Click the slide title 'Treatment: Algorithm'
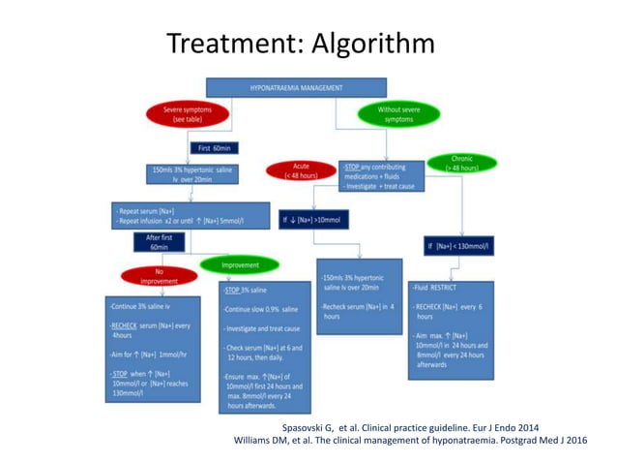[300, 44]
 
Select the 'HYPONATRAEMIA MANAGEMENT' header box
[295, 88]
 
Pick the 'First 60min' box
[217, 148]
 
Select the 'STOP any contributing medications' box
[381, 175]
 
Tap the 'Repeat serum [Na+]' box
[174, 214]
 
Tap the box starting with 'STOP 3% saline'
[264, 346]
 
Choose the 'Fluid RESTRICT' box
[451, 329]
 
